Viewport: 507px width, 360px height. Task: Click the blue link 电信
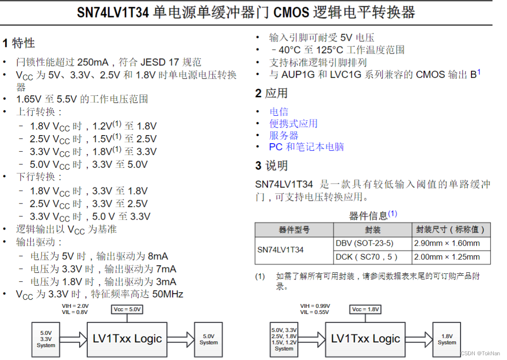pos(279,111)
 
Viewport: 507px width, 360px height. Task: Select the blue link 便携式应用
pos(293,123)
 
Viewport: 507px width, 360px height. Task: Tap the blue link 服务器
pos(284,135)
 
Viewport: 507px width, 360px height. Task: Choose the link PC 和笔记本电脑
pos(306,147)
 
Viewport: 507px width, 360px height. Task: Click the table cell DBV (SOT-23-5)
pos(364,243)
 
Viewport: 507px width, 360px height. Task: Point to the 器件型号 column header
pos(294,230)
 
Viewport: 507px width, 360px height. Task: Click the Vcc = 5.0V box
pos(128,310)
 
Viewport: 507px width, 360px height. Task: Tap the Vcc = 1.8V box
pos(366,310)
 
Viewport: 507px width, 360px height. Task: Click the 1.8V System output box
pos(447,339)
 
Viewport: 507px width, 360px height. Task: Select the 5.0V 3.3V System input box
pos(46,339)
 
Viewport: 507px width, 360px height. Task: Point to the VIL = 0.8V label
pos(75,313)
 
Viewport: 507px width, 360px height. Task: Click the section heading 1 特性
pos(19,43)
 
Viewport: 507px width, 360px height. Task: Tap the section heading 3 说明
pos(272,166)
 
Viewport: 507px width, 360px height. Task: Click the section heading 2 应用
pos(272,93)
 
